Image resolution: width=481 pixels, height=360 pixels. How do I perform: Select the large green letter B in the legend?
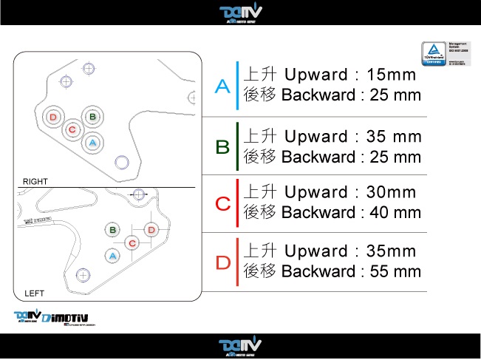[x=222, y=146]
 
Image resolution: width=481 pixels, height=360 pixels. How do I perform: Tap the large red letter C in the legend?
[x=222, y=203]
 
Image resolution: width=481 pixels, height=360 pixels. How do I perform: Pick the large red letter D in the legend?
[x=222, y=262]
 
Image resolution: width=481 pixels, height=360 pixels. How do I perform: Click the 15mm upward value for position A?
[x=391, y=75]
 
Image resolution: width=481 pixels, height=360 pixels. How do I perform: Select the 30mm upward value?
[x=391, y=192]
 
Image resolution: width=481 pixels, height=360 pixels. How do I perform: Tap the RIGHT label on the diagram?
[x=35, y=181]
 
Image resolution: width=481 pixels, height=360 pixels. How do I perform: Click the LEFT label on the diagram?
[x=34, y=293]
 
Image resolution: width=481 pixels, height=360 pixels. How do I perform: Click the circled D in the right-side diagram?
[x=52, y=118]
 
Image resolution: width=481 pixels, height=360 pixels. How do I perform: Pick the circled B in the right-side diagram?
[x=92, y=117]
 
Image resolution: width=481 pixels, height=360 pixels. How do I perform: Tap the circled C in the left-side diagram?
[x=132, y=242]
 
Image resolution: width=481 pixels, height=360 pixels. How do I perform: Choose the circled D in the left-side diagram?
[x=151, y=230]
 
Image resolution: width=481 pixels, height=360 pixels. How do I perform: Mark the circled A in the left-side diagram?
[x=113, y=255]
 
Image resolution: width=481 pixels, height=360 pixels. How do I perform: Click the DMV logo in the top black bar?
[x=241, y=13]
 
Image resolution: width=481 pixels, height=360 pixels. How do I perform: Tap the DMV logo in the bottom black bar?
[x=240, y=346]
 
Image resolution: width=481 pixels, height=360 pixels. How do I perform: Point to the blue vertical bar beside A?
[x=237, y=86]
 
